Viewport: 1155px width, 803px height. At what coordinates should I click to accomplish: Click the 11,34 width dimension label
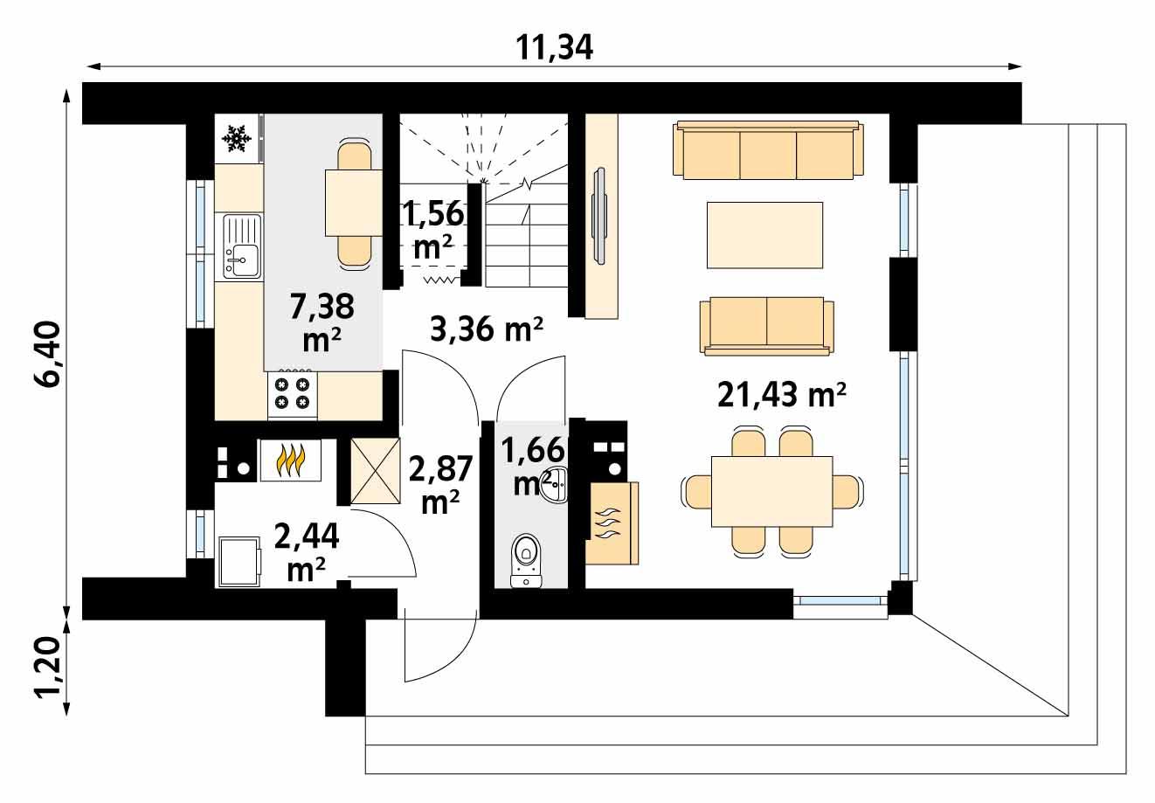[x=554, y=47]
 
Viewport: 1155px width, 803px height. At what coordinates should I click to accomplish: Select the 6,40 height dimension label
[x=47, y=353]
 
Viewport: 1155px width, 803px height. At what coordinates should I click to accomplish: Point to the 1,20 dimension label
[x=47, y=668]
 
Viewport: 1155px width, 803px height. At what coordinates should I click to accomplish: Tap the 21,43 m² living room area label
[x=781, y=395]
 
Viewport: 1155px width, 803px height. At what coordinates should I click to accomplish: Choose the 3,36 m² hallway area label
[x=487, y=329]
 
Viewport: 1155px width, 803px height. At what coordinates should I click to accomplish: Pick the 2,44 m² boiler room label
[x=306, y=550]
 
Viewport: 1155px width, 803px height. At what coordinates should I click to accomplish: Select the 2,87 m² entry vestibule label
[x=441, y=483]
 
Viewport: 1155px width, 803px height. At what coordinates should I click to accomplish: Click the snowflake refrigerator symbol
[x=236, y=138]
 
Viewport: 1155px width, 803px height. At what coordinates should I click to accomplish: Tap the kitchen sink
[x=242, y=247]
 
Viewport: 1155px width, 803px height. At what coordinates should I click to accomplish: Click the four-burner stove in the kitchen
[x=293, y=392]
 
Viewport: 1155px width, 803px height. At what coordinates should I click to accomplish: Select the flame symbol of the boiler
[x=289, y=460]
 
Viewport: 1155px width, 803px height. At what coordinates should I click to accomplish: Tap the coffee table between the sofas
[x=764, y=235]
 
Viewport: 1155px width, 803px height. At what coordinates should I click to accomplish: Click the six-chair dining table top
[x=771, y=491]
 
